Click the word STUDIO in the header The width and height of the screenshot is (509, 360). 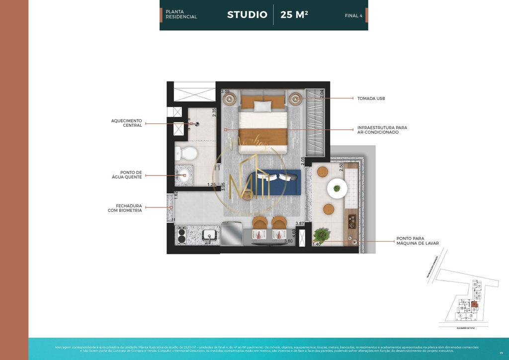[247, 15]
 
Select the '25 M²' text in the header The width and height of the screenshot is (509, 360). [294, 15]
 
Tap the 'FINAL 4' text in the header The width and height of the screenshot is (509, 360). [353, 16]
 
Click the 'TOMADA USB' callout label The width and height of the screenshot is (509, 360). [371, 98]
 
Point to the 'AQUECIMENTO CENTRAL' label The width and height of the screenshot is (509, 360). [126, 123]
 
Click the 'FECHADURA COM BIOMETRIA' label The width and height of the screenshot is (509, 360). [125, 208]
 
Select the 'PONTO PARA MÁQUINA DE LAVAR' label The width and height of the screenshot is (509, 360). [417, 241]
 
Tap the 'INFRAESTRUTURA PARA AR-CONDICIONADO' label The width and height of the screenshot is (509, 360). [382, 130]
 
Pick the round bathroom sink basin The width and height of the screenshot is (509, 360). [184, 174]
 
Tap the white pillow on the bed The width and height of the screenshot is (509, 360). [263, 106]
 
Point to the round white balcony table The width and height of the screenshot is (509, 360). [337, 188]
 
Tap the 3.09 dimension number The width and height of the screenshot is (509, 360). [225, 91]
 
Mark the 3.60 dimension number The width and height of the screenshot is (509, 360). [288, 241]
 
